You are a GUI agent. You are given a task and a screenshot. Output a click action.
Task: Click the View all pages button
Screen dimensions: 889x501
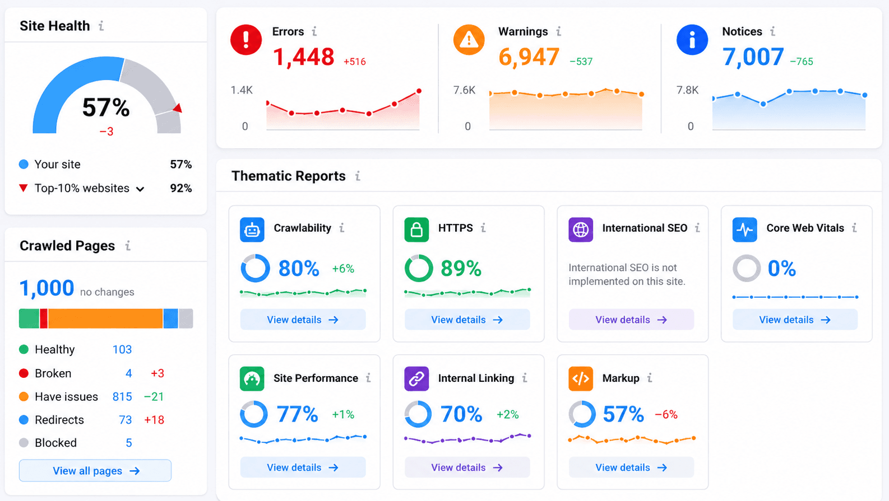click(x=95, y=470)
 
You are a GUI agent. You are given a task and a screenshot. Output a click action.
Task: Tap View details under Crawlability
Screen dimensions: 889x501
click(x=303, y=320)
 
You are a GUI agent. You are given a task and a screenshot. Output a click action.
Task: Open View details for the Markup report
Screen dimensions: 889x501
click(x=631, y=467)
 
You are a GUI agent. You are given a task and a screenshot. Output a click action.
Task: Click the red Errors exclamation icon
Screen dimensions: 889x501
click(x=246, y=40)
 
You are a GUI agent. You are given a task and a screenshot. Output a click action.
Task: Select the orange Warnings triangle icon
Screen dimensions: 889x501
click(x=469, y=40)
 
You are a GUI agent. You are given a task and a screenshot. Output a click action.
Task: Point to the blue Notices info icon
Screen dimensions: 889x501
click(x=692, y=40)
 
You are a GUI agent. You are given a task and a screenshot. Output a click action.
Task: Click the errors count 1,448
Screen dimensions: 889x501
click(x=304, y=57)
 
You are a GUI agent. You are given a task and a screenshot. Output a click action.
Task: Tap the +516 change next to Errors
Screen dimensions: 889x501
click(x=354, y=62)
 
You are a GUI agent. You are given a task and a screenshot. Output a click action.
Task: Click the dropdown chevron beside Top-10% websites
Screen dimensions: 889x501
click(x=140, y=189)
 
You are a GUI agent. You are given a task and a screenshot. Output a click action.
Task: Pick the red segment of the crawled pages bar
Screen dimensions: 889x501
click(x=44, y=319)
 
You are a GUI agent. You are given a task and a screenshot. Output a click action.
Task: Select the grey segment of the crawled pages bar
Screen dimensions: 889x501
click(x=186, y=319)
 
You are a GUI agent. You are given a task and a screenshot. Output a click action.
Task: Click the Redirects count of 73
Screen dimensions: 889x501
click(x=126, y=420)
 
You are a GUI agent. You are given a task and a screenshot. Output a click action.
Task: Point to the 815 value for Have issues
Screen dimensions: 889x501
click(x=122, y=396)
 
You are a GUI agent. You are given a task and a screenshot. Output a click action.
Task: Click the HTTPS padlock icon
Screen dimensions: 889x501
click(x=416, y=230)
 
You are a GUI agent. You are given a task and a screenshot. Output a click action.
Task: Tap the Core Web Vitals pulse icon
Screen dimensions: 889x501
click(x=744, y=230)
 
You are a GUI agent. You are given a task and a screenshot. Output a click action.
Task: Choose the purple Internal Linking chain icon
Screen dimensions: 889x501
click(x=416, y=378)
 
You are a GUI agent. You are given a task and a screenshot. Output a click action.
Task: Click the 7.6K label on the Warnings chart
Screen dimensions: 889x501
click(x=464, y=90)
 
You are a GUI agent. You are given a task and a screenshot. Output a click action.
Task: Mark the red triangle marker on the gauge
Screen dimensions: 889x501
click(x=178, y=108)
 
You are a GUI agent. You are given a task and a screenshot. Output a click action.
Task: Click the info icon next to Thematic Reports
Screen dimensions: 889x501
click(x=358, y=176)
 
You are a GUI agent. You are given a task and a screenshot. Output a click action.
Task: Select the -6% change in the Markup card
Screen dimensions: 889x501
click(x=666, y=414)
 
